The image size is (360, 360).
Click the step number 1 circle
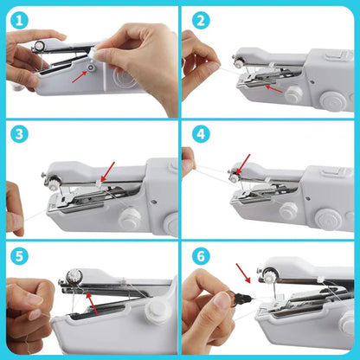pyautogui.click(x=18, y=19)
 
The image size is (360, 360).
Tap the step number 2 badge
pyautogui.click(x=201, y=19)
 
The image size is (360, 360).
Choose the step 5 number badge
pyautogui.click(x=18, y=256)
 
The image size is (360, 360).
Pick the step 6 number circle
pyautogui.click(x=201, y=256)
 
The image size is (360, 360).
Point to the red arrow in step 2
pyautogui.click(x=274, y=87)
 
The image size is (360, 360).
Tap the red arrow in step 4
pyautogui.click(x=241, y=164)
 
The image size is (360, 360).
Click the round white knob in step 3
pyautogui.click(x=129, y=219)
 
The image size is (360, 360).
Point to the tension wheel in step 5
pyautogui.click(x=73, y=278)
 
